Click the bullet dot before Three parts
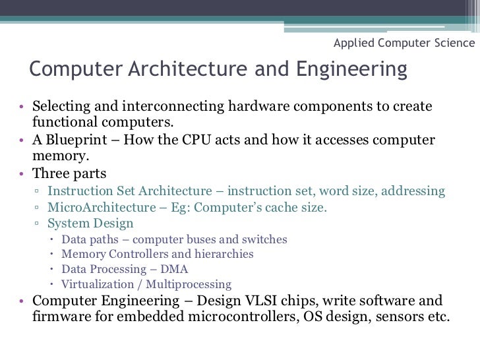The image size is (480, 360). pyautogui.click(x=22, y=175)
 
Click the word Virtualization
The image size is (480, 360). pyautogui.click(x=95, y=285)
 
